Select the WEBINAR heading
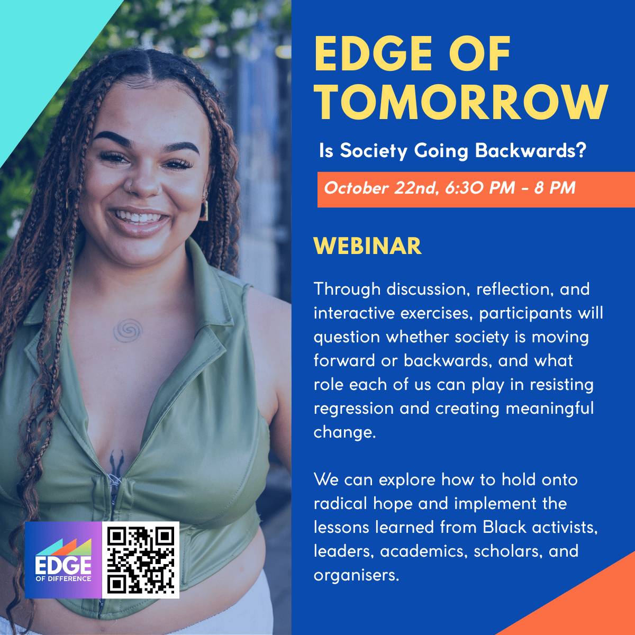coord(367,247)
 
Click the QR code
coord(141,560)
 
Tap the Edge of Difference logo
coord(63,560)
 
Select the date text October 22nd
coord(380,188)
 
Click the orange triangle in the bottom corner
coord(593,603)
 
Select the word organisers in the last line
coord(355,575)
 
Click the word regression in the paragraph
coord(353,409)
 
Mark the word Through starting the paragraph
coord(347,289)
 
